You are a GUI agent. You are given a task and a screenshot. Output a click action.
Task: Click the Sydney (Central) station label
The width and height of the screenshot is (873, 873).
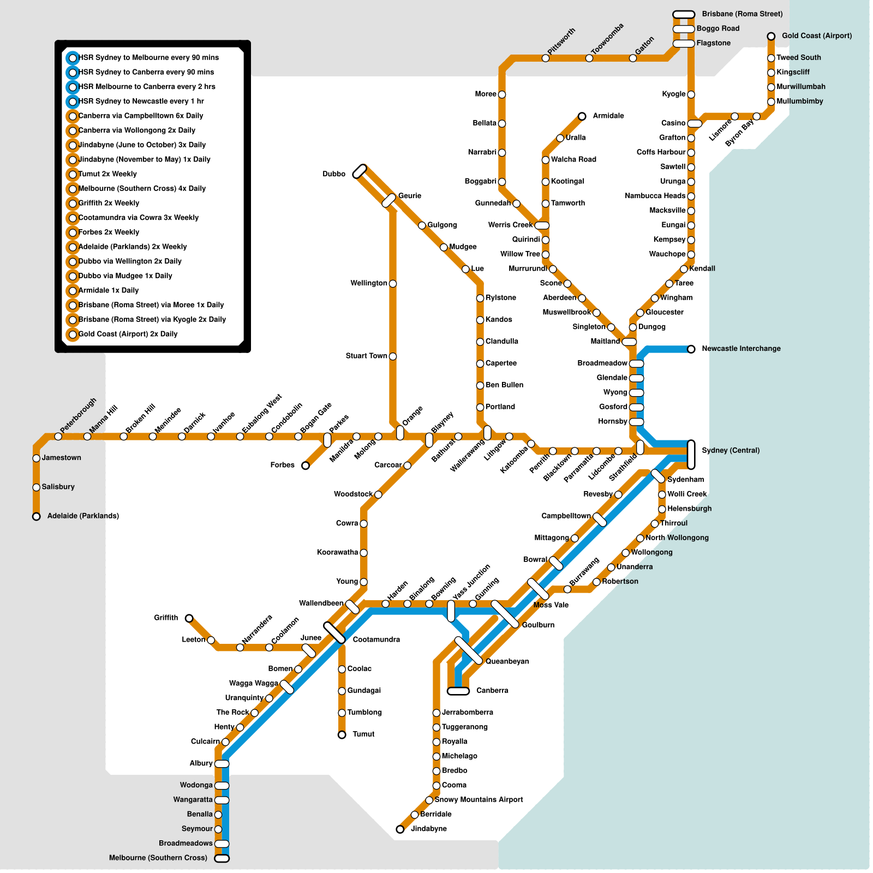pos(731,451)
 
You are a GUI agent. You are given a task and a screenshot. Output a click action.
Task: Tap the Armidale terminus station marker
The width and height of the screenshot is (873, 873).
pos(582,116)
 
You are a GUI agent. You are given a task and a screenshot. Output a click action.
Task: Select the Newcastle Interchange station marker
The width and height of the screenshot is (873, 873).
pos(691,349)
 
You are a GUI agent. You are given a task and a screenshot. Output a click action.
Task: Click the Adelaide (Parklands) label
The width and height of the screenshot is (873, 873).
pos(83,516)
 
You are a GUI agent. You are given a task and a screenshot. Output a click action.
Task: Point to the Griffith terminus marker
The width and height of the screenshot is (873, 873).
pos(189,618)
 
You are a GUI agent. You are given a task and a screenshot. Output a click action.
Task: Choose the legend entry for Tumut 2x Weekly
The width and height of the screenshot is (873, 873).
pos(107,174)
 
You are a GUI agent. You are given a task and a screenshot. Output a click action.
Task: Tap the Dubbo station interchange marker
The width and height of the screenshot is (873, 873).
pos(360,171)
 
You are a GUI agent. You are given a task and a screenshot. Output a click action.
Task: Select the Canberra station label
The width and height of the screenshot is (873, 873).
pos(492,691)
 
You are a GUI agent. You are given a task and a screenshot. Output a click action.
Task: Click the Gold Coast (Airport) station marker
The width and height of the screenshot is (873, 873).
pos(771,37)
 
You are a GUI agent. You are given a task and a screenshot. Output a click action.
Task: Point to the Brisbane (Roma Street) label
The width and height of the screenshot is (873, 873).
pos(742,14)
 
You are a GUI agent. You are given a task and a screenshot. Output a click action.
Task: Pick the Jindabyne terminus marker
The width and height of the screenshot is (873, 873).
pos(400,829)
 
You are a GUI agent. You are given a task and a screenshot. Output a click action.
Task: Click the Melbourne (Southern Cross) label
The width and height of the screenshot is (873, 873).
pos(158,858)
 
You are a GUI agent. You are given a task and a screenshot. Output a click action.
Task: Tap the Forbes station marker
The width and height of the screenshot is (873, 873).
pos(306,465)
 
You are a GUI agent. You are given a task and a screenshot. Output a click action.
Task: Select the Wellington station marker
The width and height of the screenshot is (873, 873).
pos(393,284)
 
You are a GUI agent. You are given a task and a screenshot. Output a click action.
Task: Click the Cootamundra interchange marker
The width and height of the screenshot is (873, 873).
pos(334,633)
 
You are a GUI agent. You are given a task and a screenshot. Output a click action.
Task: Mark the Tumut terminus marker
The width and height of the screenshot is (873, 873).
pos(342,735)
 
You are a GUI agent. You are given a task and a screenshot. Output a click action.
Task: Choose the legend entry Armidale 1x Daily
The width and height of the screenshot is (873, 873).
pos(109,291)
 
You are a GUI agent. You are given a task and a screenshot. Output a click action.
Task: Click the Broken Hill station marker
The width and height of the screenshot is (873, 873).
pos(124,436)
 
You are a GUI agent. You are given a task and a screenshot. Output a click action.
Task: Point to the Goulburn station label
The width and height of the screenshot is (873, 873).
pos(538,625)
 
